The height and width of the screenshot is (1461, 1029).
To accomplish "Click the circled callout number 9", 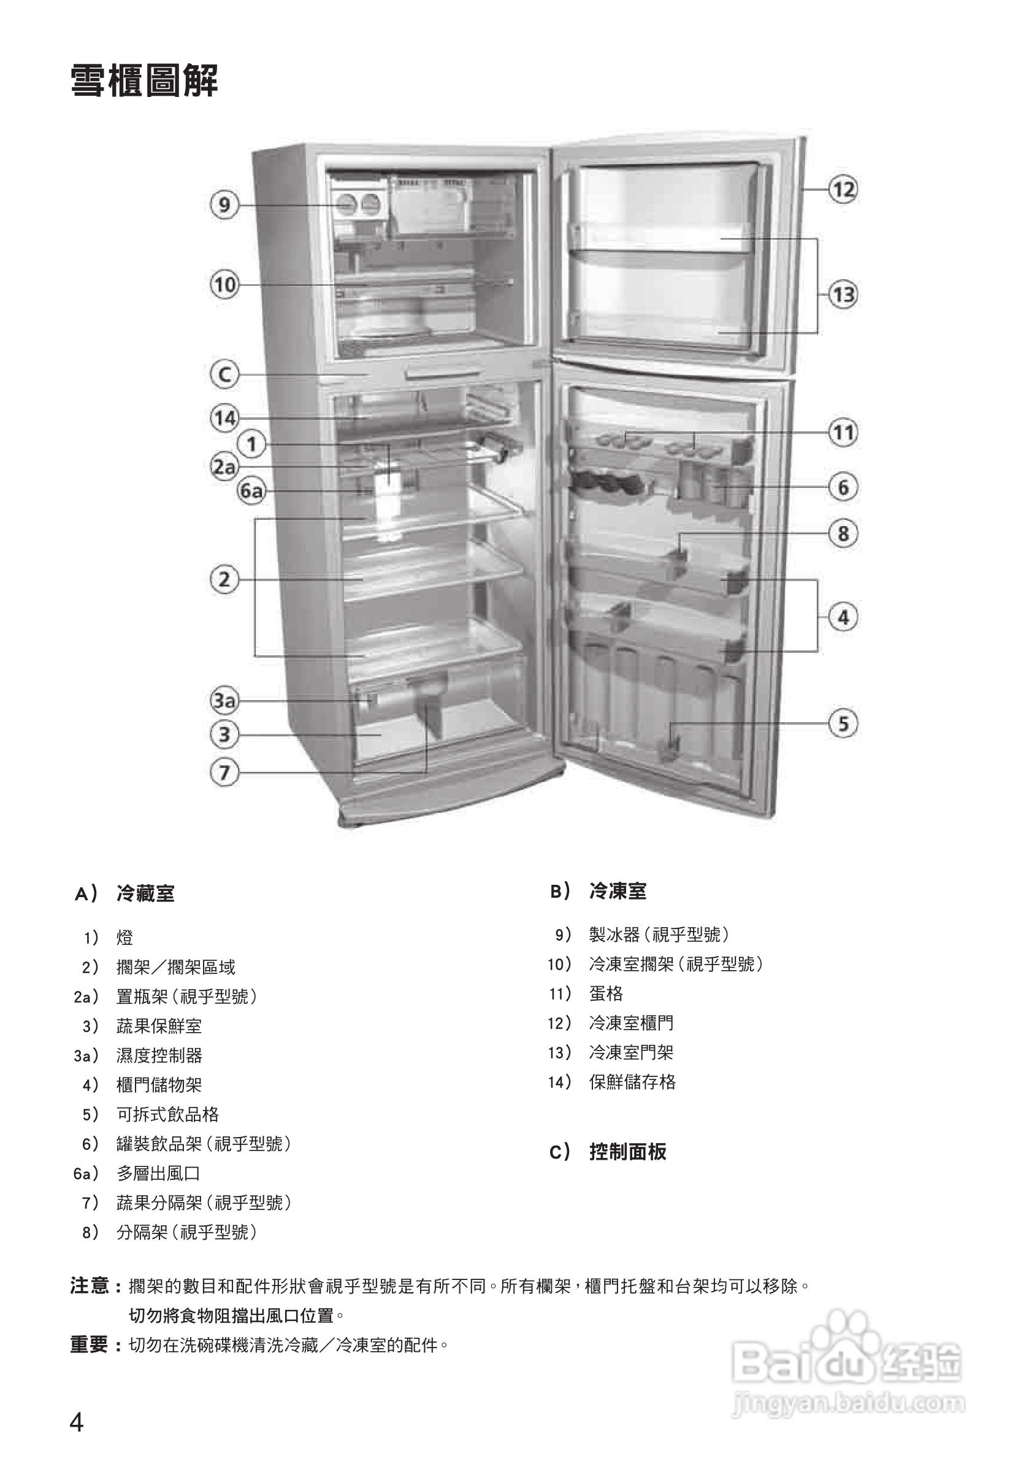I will click(224, 205).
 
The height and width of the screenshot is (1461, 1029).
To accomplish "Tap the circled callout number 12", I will click(843, 190).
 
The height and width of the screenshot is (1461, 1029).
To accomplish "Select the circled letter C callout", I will click(224, 374).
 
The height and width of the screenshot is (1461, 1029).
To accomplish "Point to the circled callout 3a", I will click(224, 701).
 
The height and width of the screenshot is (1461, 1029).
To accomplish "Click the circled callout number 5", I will click(843, 723).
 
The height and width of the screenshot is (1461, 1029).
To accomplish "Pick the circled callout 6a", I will click(251, 491).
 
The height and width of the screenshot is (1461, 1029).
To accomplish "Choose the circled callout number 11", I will click(843, 433).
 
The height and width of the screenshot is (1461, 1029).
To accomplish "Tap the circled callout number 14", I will click(224, 418).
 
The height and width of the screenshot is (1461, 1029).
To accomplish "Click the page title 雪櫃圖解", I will click(144, 82).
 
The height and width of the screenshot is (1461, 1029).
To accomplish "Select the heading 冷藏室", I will click(145, 893).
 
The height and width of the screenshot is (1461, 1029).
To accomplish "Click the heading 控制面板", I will click(627, 1152).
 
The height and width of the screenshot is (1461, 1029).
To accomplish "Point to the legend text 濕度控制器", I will click(159, 1055).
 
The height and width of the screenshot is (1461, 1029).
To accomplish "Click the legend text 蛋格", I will click(605, 993).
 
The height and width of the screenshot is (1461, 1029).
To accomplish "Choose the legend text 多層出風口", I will click(158, 1173).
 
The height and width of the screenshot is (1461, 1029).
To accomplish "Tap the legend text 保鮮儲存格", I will click(632, 1082).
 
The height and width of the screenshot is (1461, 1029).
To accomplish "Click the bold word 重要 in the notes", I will click(89, 1344).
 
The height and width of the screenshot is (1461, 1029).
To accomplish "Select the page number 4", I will click(76, 1422).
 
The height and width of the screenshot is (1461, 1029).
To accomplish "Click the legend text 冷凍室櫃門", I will click(631, 1023).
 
